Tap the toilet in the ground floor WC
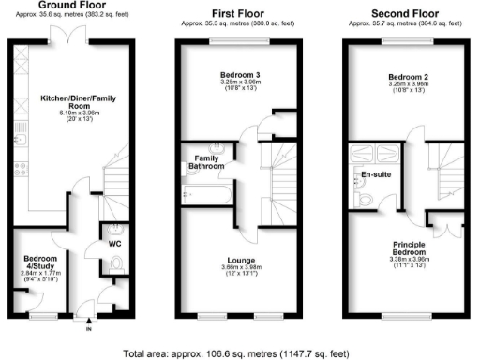tap(116, 271)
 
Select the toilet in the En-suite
tap(367, 198)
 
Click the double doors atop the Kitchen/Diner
tap(62, 34)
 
